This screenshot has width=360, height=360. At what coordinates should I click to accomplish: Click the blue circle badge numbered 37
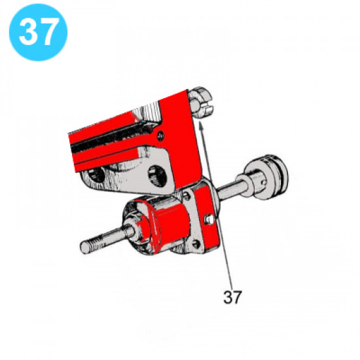point(38,33)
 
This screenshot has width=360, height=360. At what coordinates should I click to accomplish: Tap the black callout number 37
point(232,297)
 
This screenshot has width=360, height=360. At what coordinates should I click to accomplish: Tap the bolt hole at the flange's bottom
point(196,245)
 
